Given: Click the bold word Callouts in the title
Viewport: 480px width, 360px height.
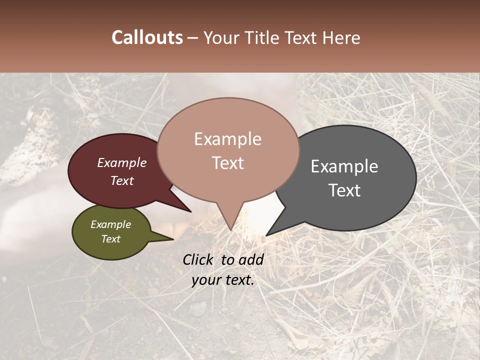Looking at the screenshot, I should point(147,37).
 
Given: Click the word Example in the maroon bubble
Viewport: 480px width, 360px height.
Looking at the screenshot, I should point(121,162).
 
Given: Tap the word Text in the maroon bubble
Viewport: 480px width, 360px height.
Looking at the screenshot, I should point(121,180).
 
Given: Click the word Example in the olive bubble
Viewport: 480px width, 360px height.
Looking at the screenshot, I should point(110,224).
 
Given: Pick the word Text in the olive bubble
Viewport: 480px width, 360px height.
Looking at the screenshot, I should point(110,239).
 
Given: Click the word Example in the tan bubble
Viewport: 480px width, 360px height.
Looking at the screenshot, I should point(227,139).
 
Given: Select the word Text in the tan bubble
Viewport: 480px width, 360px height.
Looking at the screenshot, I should point(227,162).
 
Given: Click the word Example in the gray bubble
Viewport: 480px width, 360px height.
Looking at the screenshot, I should point(344,166).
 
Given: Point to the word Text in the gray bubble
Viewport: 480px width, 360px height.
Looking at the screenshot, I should point(344,190).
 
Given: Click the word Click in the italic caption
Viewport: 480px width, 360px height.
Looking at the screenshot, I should point(198,259).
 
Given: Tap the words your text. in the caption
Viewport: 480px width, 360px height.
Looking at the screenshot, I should point(223,280).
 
